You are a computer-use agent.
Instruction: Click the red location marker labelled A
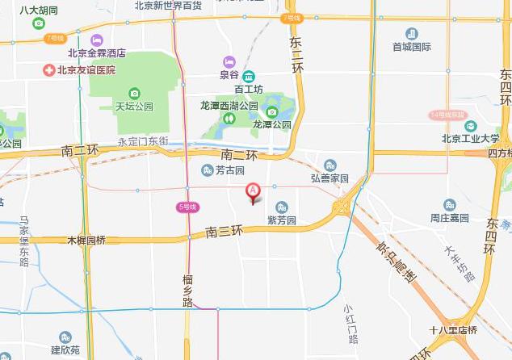click(253, 191)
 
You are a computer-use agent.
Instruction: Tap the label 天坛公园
click(134, 106)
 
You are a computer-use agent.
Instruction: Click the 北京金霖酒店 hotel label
click(97, 54)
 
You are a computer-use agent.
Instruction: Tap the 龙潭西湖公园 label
click(229, 106)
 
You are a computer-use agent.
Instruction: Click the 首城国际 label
click(412, 47)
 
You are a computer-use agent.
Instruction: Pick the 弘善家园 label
click(329, 178)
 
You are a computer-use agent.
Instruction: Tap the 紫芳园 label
click(282, 220)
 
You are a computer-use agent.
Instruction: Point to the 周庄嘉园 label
click(450, 218)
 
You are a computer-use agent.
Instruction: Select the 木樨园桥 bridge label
click(86, 241)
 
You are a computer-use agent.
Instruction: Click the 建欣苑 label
click(65, 350)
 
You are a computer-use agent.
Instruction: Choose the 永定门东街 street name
click(143, 141)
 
